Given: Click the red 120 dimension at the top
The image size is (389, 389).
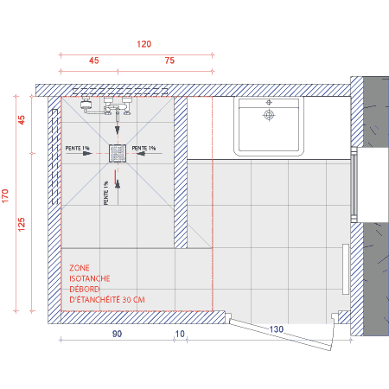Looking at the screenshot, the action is point(143,44).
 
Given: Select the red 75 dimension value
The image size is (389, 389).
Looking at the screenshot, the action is point(169,61).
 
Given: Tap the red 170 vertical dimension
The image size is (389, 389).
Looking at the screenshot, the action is point(5,196).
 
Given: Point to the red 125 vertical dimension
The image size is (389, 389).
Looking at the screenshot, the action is point(22,224).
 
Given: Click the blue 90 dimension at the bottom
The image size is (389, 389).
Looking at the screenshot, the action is point(117,334).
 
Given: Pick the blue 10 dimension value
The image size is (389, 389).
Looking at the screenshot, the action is point(180,334).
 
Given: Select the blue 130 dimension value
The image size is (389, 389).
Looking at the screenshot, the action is point(277,329).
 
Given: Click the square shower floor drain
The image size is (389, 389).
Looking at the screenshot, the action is point(118,153).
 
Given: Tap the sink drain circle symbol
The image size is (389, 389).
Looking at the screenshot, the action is point(269,115).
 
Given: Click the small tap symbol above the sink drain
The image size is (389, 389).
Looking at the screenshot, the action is point(269,102).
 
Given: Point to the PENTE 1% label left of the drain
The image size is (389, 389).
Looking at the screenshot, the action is point(77,148).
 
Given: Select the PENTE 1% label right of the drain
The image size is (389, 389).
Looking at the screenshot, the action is point(143,148).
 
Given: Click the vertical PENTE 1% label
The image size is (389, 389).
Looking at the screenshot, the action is point(106,193).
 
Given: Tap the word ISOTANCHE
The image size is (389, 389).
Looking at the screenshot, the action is point(90,278).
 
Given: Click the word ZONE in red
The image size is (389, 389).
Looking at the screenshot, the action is point(80,268).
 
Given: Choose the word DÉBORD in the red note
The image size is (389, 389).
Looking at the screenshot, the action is point(85,289).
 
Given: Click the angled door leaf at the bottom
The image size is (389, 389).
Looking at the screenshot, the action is point(281,335).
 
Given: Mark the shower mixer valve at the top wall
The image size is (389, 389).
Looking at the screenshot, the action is point(118,106).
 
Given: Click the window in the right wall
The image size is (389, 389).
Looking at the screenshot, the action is point(354,185).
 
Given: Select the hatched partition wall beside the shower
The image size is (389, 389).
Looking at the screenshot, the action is point(181,172).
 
